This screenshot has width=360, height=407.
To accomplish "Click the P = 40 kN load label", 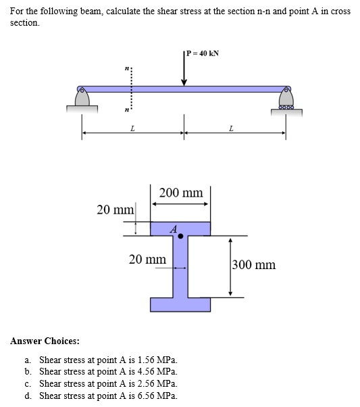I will [203, 53].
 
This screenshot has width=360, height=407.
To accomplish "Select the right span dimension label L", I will [232, 127].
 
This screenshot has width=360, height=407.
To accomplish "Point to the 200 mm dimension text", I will [180, 193].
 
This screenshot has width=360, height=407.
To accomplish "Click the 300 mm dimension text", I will [254, 264].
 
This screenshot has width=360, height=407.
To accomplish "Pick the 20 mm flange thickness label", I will [115, 209].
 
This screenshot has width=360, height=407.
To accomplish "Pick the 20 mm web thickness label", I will [147, 259].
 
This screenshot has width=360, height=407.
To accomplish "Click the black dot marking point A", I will [180, 237].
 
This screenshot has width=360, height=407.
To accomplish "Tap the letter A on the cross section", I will [174, 229].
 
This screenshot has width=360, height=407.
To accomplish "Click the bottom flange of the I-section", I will [180, 304].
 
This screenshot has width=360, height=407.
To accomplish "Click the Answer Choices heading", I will [45, 341].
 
